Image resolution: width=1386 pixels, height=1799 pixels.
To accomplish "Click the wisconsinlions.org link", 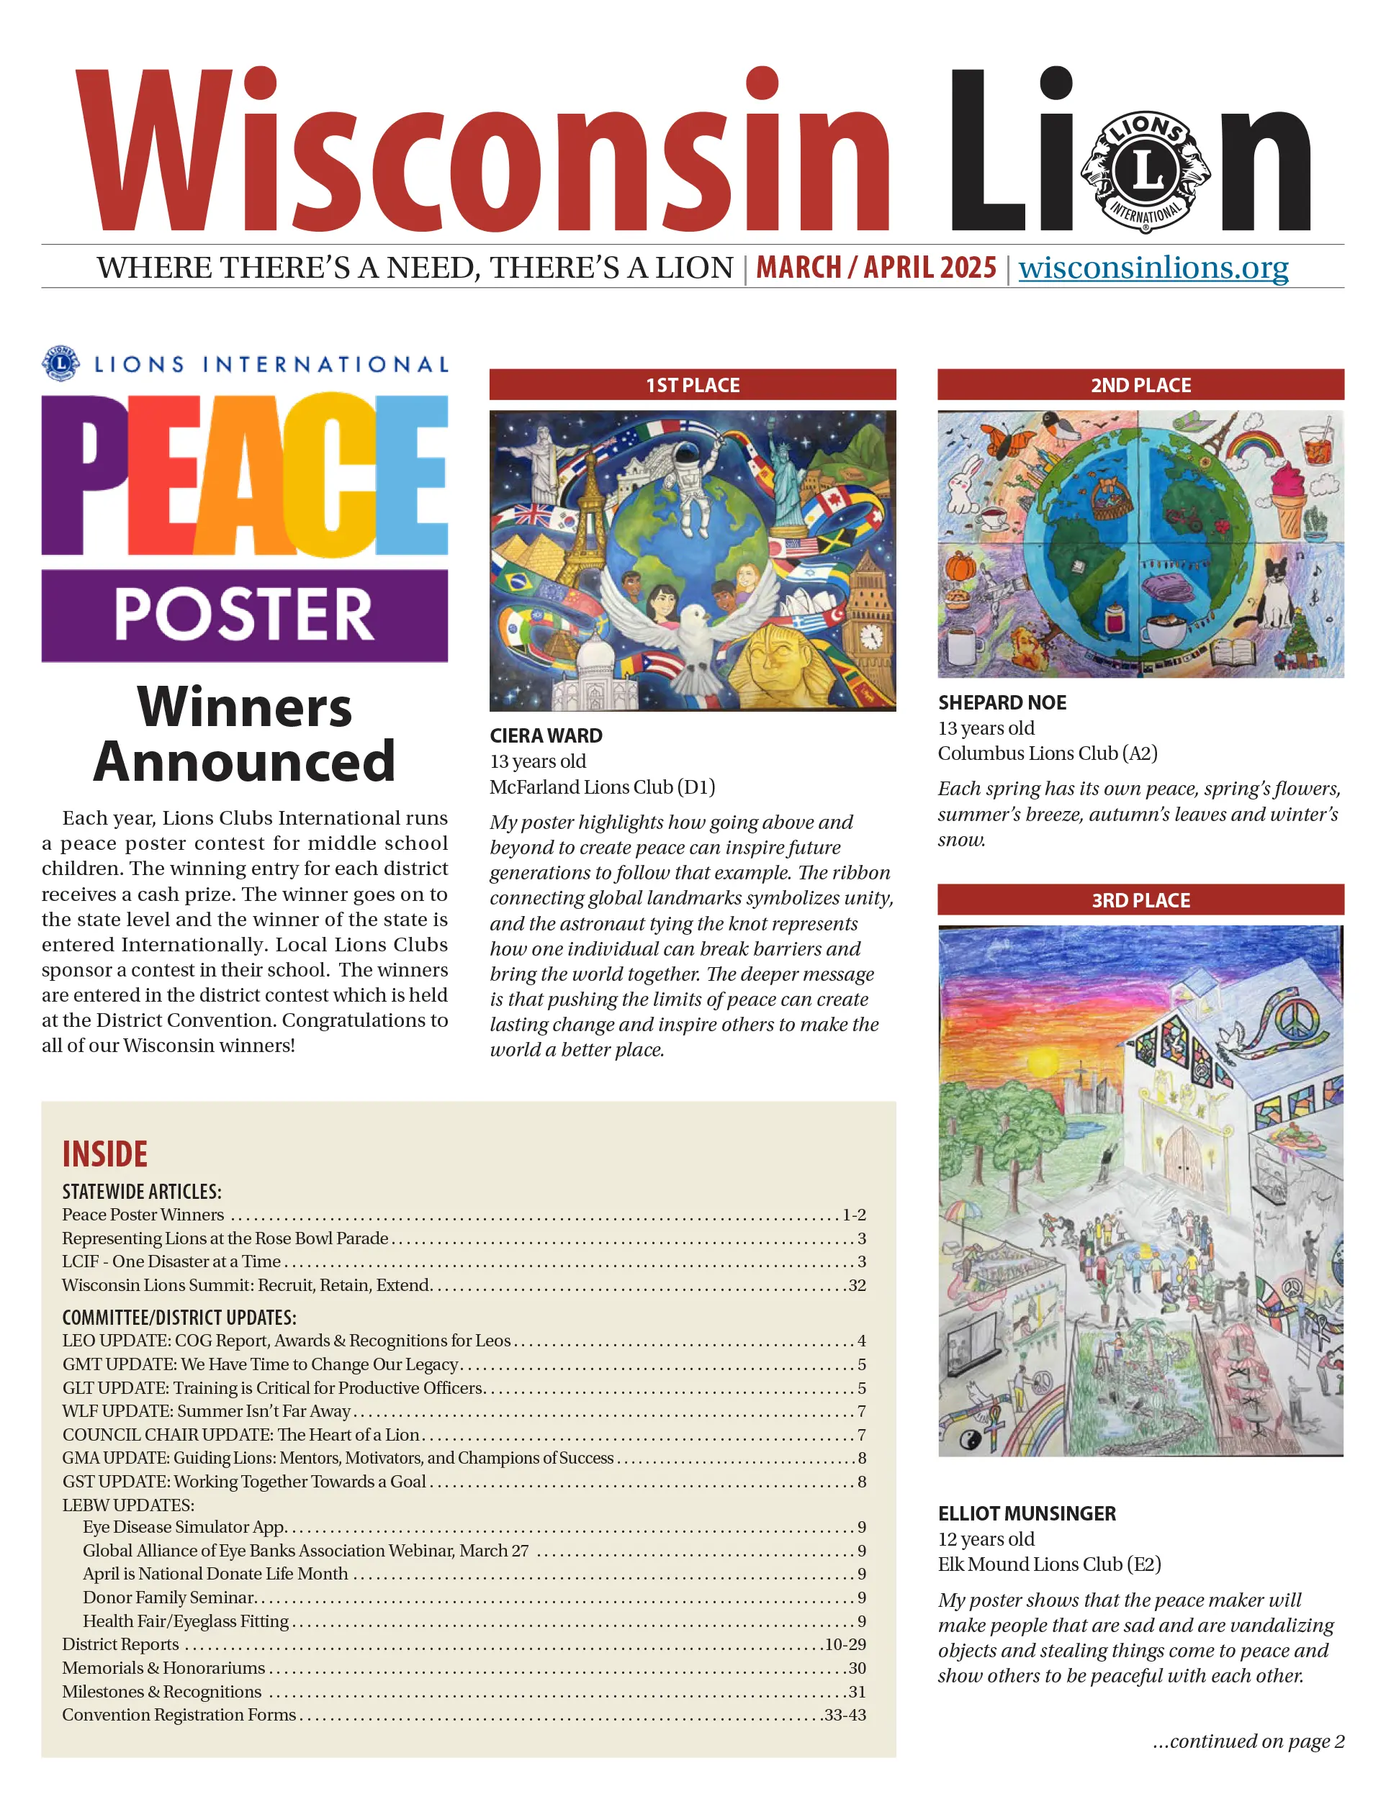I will tap(1153, 268).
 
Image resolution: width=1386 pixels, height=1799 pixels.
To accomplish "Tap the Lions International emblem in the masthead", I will tap(1146, 172).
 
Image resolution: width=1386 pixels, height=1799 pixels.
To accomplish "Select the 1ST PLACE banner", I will tap(692, 385).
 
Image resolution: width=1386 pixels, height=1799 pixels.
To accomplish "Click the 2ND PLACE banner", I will tap(1140, 385).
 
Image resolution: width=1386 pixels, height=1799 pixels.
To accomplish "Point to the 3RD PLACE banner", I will tap(1140, 899).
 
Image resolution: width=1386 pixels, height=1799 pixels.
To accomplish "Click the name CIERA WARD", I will tap(546, 735).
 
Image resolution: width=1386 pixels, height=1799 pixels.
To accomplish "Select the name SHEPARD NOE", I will tap(1002, 702).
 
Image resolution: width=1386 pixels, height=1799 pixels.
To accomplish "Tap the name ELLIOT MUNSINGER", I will tap(1027, 1513).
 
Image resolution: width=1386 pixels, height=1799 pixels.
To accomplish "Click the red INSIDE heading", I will tap(104, 1154).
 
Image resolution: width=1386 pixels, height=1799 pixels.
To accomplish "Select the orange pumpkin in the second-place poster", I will tap(960, 568).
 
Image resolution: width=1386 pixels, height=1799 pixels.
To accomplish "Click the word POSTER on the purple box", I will tap(244, 615).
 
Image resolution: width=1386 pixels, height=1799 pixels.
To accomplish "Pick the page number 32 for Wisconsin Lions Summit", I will tap(857, 1285).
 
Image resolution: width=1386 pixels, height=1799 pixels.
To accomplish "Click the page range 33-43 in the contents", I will tap(845, 1714).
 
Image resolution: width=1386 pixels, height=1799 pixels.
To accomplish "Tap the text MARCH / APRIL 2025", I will tap(876, 268).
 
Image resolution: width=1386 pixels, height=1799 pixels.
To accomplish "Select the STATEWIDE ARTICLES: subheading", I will tap(142, 1191).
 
